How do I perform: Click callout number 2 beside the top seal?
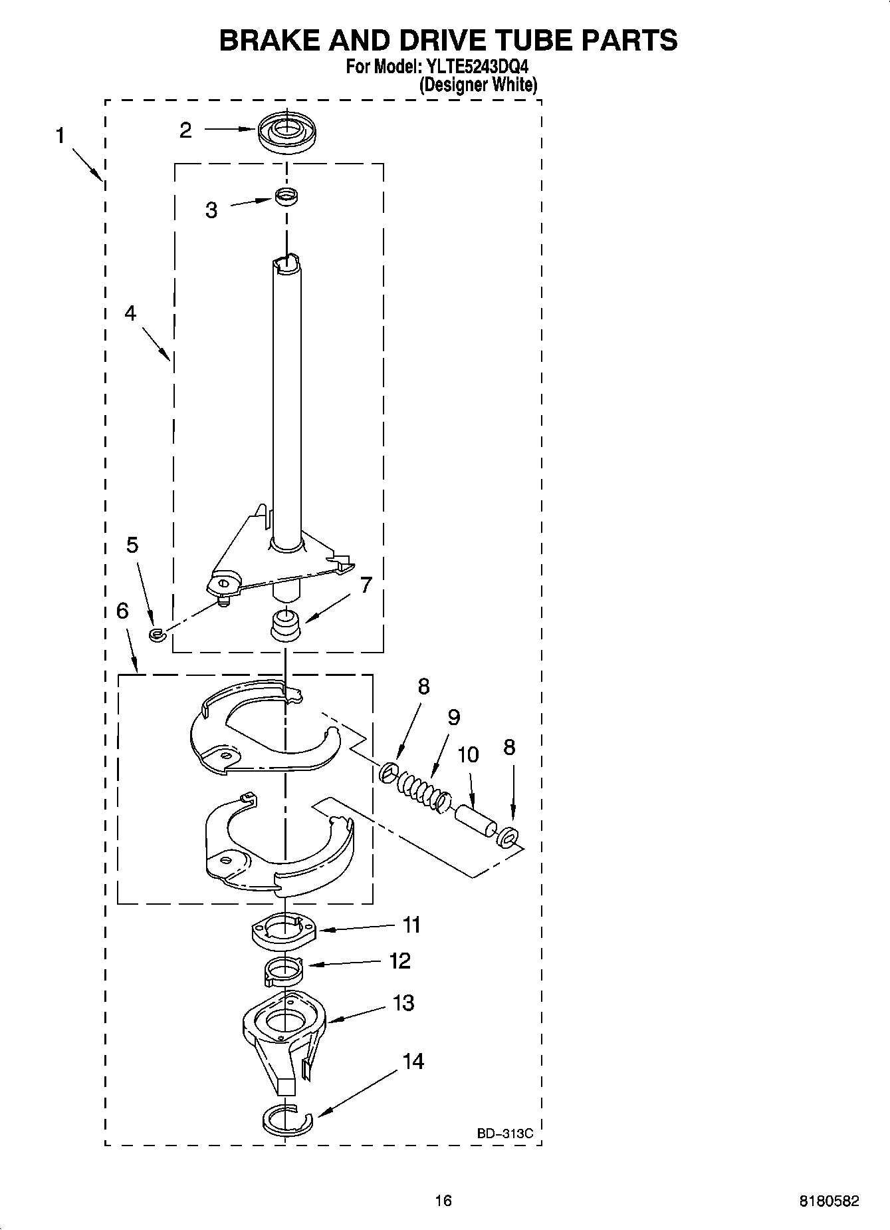[185, 130]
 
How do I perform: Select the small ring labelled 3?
[286, 196]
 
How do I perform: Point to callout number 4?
[130, 313]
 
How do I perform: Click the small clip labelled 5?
[157, 635]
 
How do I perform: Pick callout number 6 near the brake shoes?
[122, 611]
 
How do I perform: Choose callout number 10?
[468, 754]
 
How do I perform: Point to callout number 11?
[411, 925]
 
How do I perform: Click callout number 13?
[403, 1002]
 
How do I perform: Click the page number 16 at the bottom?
[443, 1201]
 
